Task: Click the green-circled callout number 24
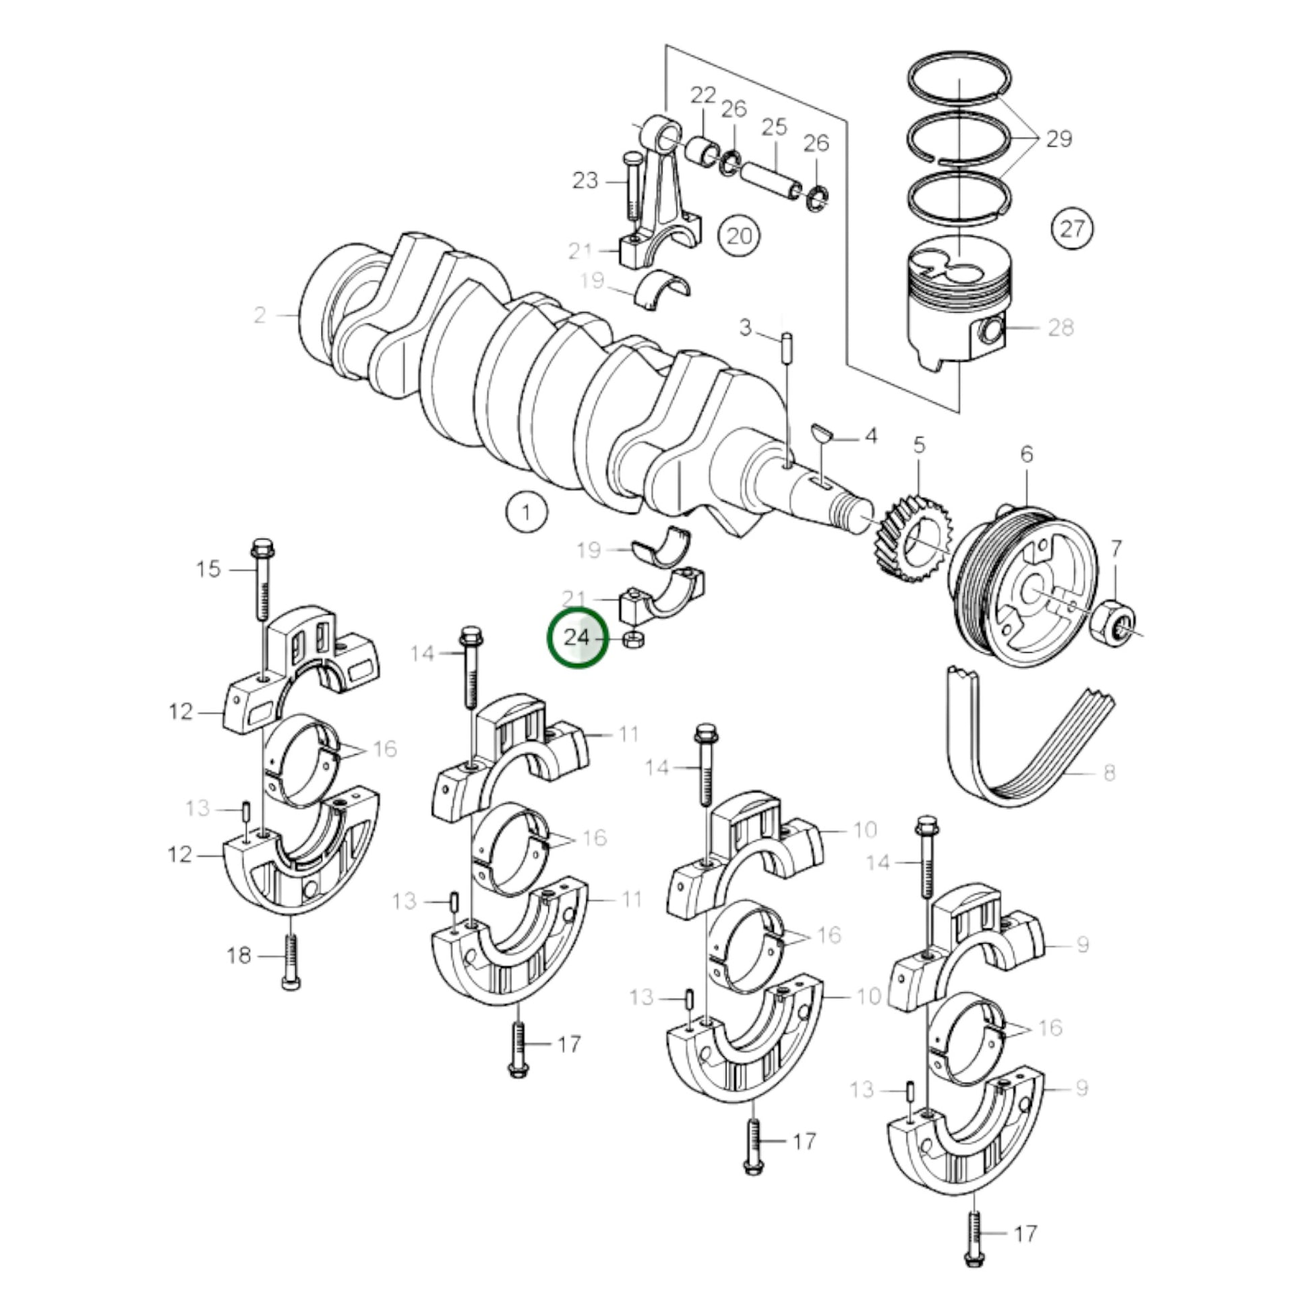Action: point(577,638)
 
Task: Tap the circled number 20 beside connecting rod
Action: point(740,236)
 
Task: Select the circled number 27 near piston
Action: point(1072,227)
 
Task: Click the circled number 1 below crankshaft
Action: point(527,512)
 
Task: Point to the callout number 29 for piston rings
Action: point(1058,138)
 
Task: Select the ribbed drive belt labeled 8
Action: point(1005,747)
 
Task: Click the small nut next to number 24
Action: point(634,639)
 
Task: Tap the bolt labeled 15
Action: point(262,577)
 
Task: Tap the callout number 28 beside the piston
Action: point(1060,327)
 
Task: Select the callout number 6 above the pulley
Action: point(1026,454)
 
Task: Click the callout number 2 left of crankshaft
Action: point(260,315)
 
